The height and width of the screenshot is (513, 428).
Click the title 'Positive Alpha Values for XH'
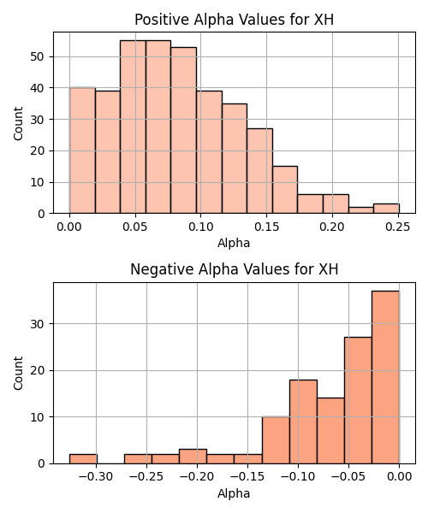[x=235, y=20]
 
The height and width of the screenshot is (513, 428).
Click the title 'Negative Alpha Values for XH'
[x=235, y=269]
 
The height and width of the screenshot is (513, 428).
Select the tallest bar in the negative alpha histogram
[x=385, y=377]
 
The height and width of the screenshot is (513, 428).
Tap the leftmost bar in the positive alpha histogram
[x=82, y=150]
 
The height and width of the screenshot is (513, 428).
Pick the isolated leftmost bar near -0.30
[x=83, y=458]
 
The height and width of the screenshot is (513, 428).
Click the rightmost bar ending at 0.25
[x=386, y=209]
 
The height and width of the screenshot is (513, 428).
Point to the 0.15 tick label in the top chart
[x=266, y=227]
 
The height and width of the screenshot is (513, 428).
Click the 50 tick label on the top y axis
[x=37, y=57]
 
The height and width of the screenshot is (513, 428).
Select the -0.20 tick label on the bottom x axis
[x=197, y=477]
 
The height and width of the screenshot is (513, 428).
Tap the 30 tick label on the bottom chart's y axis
[x=37, y=324]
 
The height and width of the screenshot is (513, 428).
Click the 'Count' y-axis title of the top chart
[x=18, y=123]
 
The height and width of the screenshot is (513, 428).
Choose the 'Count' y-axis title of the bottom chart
[x=18, y=374]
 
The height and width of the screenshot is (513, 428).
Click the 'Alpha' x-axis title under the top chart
[x=234, y=243]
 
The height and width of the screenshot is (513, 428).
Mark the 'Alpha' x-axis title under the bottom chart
[x=234, y=493]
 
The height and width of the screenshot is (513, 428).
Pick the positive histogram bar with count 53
[x=184, y=130]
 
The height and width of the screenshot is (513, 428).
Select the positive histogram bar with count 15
[x=285, y=190]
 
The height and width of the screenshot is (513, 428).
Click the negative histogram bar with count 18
[x=303, y=422]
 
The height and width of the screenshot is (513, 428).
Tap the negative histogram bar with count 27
[x=358, y=400]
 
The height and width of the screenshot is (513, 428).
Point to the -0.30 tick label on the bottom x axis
[x=96, y=477]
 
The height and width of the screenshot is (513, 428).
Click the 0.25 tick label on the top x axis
[x=398, y=227]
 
